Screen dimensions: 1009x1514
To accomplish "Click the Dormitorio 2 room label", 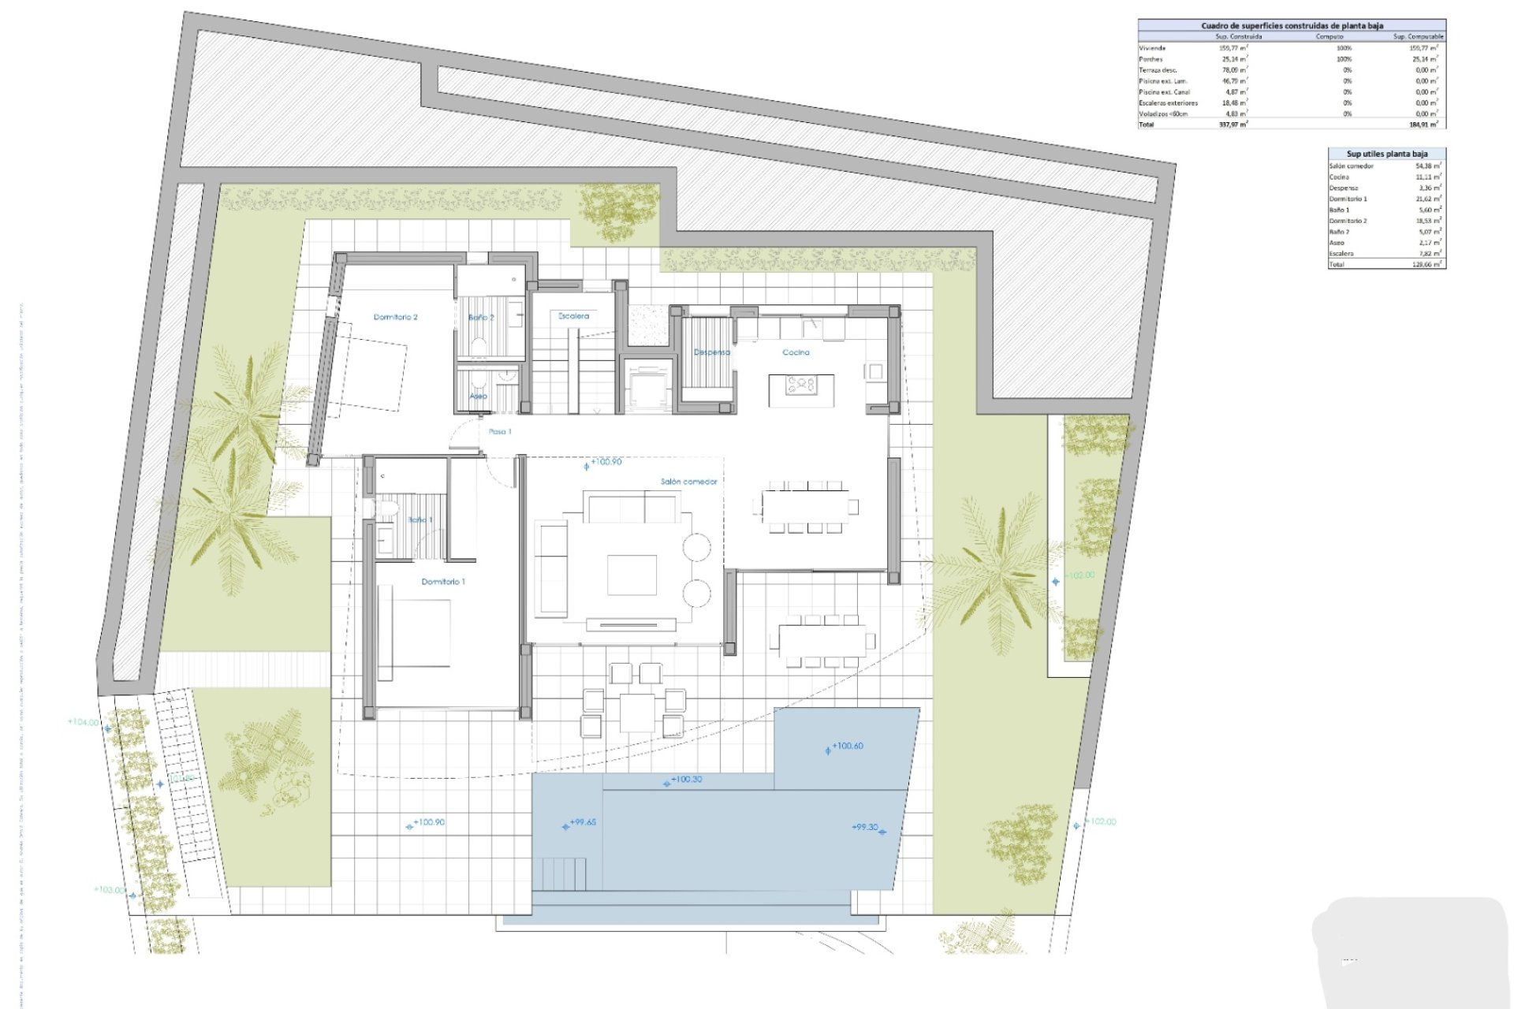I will pos(395,317).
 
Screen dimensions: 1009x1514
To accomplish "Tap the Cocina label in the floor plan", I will pos(796,352).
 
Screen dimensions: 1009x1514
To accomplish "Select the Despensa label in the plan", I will pos(711,352).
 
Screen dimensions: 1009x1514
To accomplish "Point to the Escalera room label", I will pos(573,316).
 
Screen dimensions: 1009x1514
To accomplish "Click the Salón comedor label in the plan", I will pos(688,482).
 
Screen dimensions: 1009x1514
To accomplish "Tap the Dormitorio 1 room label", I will pos(443,582).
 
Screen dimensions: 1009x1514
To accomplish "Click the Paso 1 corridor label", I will pos(500,432).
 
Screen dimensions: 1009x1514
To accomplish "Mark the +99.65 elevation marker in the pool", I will pos(583,822).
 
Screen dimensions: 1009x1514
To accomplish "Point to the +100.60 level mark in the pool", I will pos(847,746).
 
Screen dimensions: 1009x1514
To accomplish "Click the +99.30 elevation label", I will pos(865,828).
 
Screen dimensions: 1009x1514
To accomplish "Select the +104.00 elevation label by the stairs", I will pos(84,722).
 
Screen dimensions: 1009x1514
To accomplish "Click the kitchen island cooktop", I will pos(801,385).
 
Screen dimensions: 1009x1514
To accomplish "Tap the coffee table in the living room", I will pos(632,575).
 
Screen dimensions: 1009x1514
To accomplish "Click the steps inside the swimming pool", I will pos(564,873).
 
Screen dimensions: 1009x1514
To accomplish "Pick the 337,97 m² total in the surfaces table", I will pos(1232,125).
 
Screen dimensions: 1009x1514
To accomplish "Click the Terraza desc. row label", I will pos(1158,70).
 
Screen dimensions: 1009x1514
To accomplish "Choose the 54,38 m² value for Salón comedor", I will pos(1428,166).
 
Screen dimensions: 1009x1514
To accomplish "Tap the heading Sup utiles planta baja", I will pos(1386,154).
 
